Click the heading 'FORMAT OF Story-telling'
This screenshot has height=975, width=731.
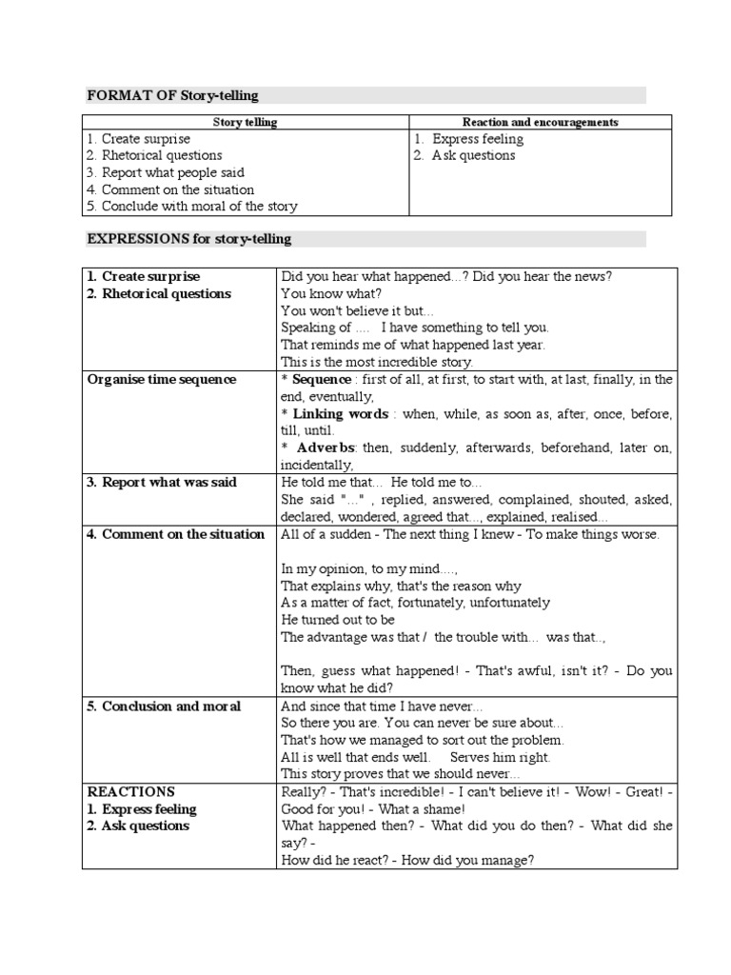tap(172, 95)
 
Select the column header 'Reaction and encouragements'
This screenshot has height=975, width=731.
tap(540, 122)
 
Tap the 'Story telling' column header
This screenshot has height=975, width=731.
tap(246, 122)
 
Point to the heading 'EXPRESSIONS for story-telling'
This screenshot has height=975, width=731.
tap(188, 238)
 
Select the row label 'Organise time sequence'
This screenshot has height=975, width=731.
tap(162, 379)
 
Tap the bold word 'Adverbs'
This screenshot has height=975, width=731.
tap(326, 448)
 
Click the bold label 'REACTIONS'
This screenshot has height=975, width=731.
tap(131, 792)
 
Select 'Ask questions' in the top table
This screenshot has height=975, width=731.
tap(472, 155)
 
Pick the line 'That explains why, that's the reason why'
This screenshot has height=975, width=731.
tap(401, 586)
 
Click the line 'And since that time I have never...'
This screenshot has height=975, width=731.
tap(382, 706)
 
